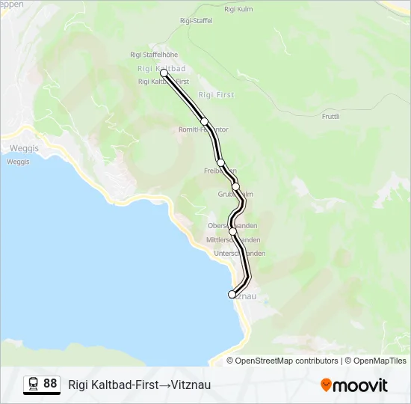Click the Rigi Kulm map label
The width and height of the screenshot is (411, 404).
coord(234,8)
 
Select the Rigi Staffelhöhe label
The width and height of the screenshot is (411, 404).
coord(153,55)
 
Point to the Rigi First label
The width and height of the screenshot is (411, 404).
coord(216,95)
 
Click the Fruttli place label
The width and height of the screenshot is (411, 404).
coord(330,117)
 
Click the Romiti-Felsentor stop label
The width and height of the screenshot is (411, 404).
coord(203,129)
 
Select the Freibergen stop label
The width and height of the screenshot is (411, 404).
coord(220,171)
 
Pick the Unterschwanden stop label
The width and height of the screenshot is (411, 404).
coord(239,254)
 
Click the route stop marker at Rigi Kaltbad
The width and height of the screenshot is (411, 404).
coord(164,73)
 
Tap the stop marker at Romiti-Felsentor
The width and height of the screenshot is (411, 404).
coord(204,121)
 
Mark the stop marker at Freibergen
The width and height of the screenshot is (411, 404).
coord(220,162)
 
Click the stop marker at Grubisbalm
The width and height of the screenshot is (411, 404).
coord(235,186)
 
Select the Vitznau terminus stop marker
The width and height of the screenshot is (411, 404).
coord(232,295)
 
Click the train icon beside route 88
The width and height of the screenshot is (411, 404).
coord(33,385)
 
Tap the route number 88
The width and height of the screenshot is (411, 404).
coord(50,384)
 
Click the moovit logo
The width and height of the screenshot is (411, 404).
coord(354,385)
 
